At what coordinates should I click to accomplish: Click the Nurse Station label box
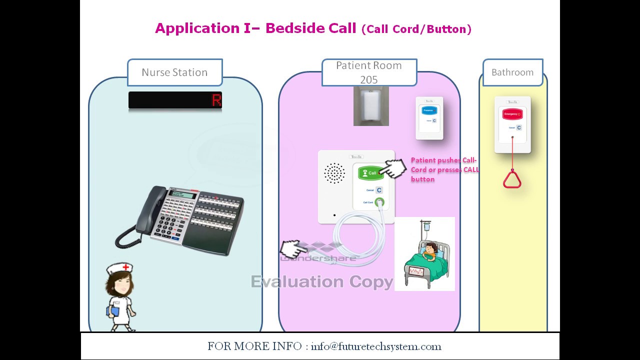[x=174, y=72]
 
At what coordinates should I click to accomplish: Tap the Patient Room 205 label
[x=369, y=72]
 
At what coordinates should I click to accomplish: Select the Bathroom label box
[x=512, y=72]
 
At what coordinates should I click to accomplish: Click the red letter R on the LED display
[x=216, y=100]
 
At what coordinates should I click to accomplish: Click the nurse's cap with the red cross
[x=119, y=268]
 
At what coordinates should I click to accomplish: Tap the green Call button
[x=370, y=173]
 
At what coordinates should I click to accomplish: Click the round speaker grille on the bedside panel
[x=334, y=173]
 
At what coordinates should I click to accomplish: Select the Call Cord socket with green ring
[x=380, y=202]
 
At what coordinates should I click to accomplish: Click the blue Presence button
[x=429, y=110]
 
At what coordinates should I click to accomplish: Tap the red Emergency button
[x=512, y=114]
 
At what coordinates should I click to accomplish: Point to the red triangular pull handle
[x=512, y=179]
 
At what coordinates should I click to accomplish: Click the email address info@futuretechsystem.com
[x=376, y=346]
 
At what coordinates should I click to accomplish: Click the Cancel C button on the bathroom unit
[x=519, y=128]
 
